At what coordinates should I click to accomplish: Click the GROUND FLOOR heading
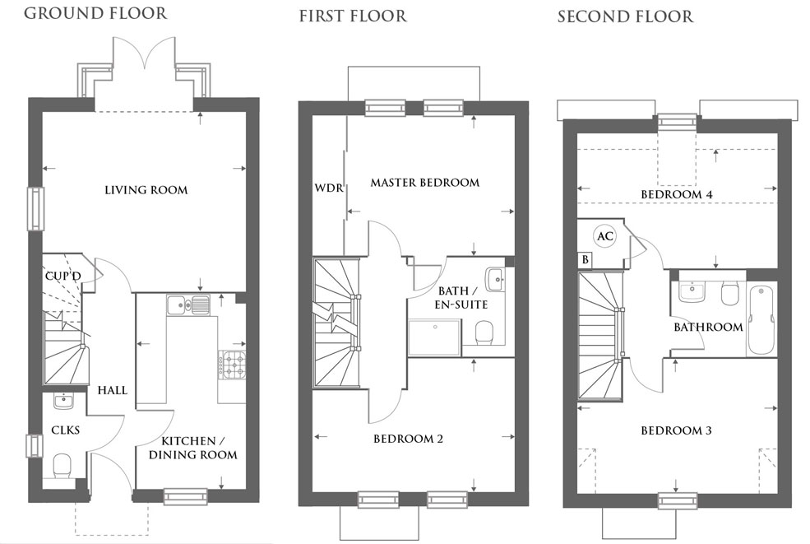click(95, 13)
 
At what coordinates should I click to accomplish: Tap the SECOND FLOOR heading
click(625, 16)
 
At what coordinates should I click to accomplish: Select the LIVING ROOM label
click(146, 190)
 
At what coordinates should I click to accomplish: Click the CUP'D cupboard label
click(63, 276)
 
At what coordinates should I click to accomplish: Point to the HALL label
click(113, 390)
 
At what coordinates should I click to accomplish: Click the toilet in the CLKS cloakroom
click(62, 465)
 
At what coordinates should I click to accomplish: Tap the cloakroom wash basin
click(63, 401)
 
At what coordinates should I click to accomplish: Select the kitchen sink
click(187, 305)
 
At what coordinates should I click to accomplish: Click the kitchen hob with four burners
click(232, 365)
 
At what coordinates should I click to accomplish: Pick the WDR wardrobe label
click(329, 187)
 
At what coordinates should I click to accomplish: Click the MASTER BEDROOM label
click(424, 183)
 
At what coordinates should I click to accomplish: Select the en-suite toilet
click(484, 332)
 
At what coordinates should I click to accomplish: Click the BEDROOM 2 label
click(408, 439)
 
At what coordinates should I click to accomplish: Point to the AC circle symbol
click(605, 236)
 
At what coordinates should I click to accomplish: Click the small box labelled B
click(585, 259)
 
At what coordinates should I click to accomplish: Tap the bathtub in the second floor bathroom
click(761, 320)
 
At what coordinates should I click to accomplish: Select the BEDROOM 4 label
click(677, 194)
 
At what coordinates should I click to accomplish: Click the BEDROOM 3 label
click(676, 430)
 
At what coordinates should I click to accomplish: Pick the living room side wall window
click(35, 208)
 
